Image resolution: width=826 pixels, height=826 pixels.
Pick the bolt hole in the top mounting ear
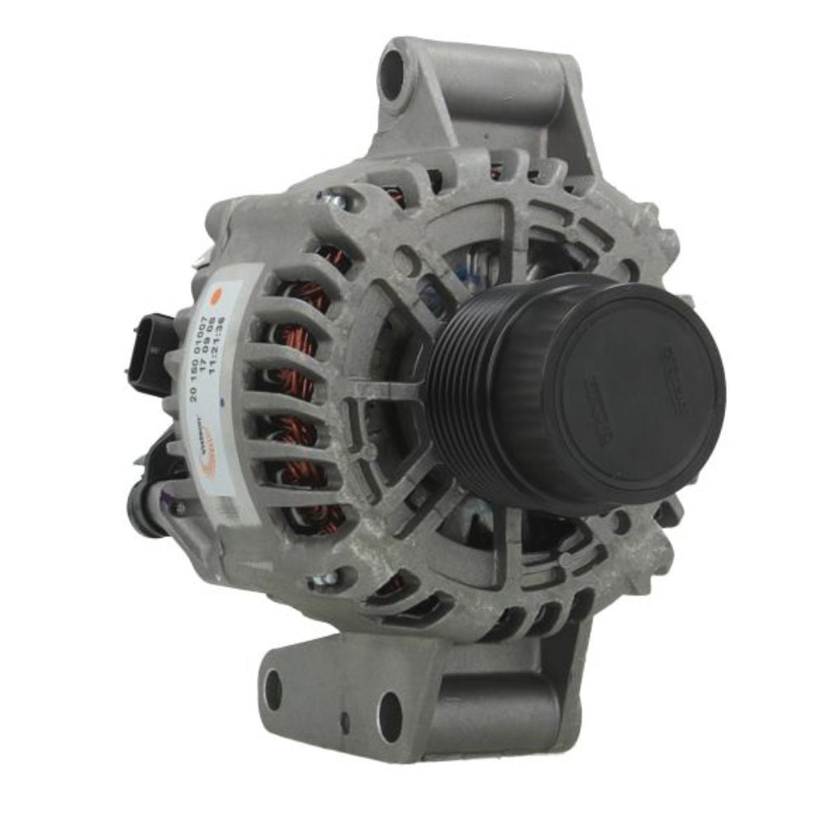pyautogui.click(x=393, y=69)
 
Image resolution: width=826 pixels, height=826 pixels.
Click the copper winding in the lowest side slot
pyautogui.click(x=322, y=516)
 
